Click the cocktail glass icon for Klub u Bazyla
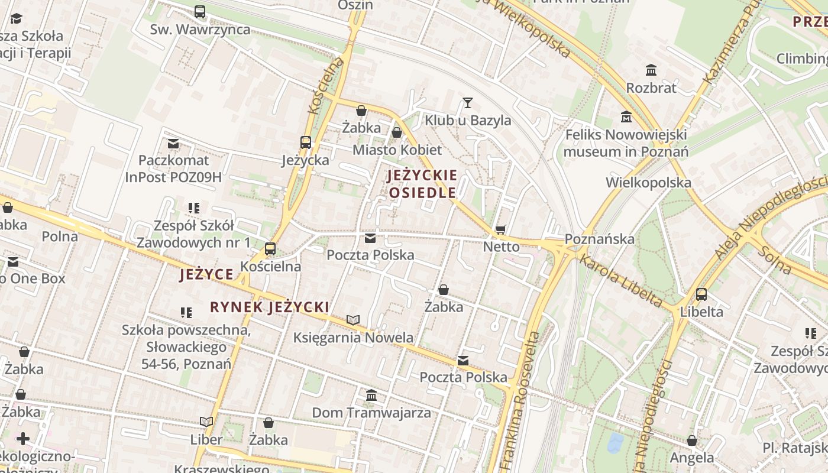[468, 103]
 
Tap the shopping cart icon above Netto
[501, 229]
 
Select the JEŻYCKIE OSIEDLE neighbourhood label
[422, 184]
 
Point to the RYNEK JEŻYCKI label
[270, 307]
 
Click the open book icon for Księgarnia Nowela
[353, 320]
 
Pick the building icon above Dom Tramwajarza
[371, 395]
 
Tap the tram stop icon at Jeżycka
[305, 142]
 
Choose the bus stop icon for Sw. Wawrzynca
[200, 12]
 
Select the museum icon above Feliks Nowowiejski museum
[626, 117]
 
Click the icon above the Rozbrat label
[651, 70]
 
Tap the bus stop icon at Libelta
[701, 294]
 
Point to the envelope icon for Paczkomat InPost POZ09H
[173, 143]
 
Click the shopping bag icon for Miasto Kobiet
[397, 132]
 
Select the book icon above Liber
[206, 422]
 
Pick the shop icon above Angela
[691, 440]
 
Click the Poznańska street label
[599, 239]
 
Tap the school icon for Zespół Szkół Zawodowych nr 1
[193, 208]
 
